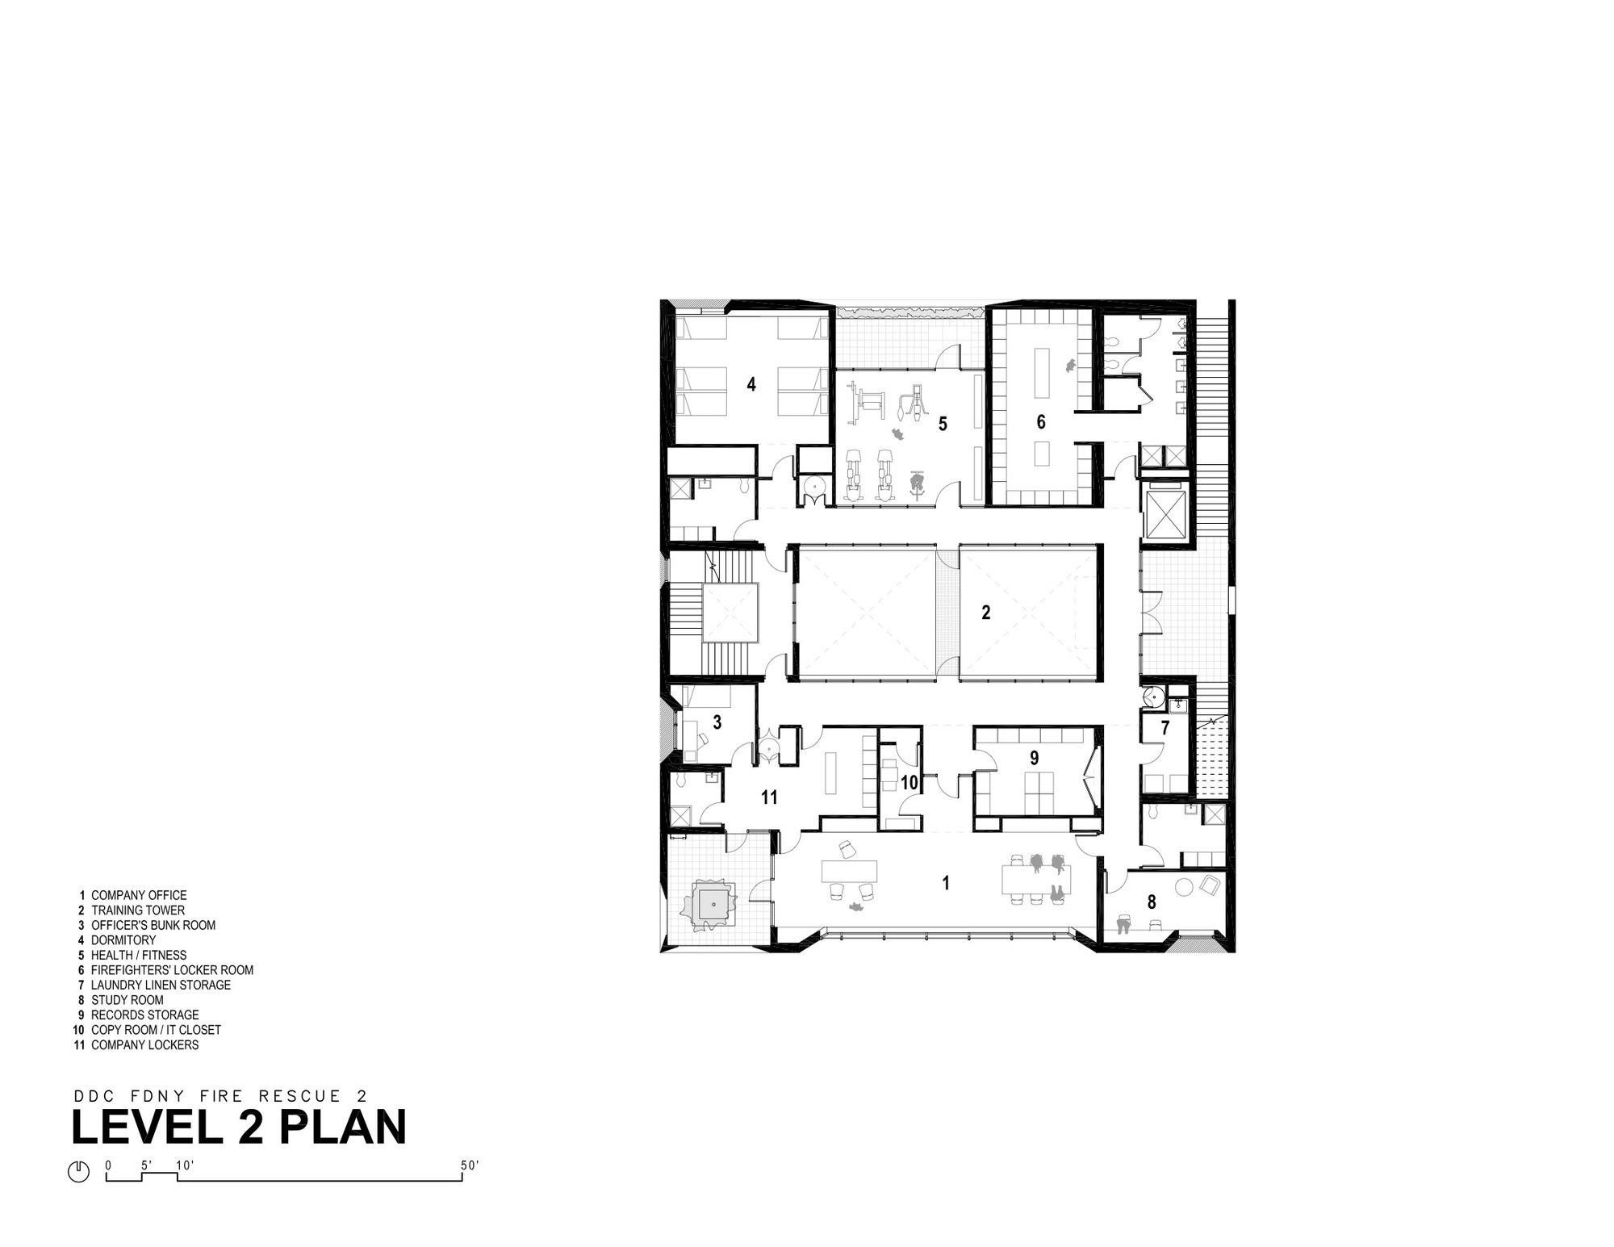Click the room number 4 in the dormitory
point(751,384)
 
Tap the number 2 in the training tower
point(985,613)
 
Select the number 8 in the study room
point(1152,902)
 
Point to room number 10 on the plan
point(909,782)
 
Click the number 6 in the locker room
point(1041,421)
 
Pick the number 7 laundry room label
point(1165,728)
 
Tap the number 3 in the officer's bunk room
point(717,722)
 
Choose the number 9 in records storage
point(1034,757)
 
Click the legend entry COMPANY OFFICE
point(139,895)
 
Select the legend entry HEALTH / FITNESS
point(139,955)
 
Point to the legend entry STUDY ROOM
point(128,1000)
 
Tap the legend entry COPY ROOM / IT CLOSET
point(156,1030)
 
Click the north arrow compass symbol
point(78,1171)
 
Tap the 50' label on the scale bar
point(470,1165)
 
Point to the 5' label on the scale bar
point(146,1165)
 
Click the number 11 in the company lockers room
point(769,797)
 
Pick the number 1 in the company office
point(946,883)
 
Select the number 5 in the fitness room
point(943,424)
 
